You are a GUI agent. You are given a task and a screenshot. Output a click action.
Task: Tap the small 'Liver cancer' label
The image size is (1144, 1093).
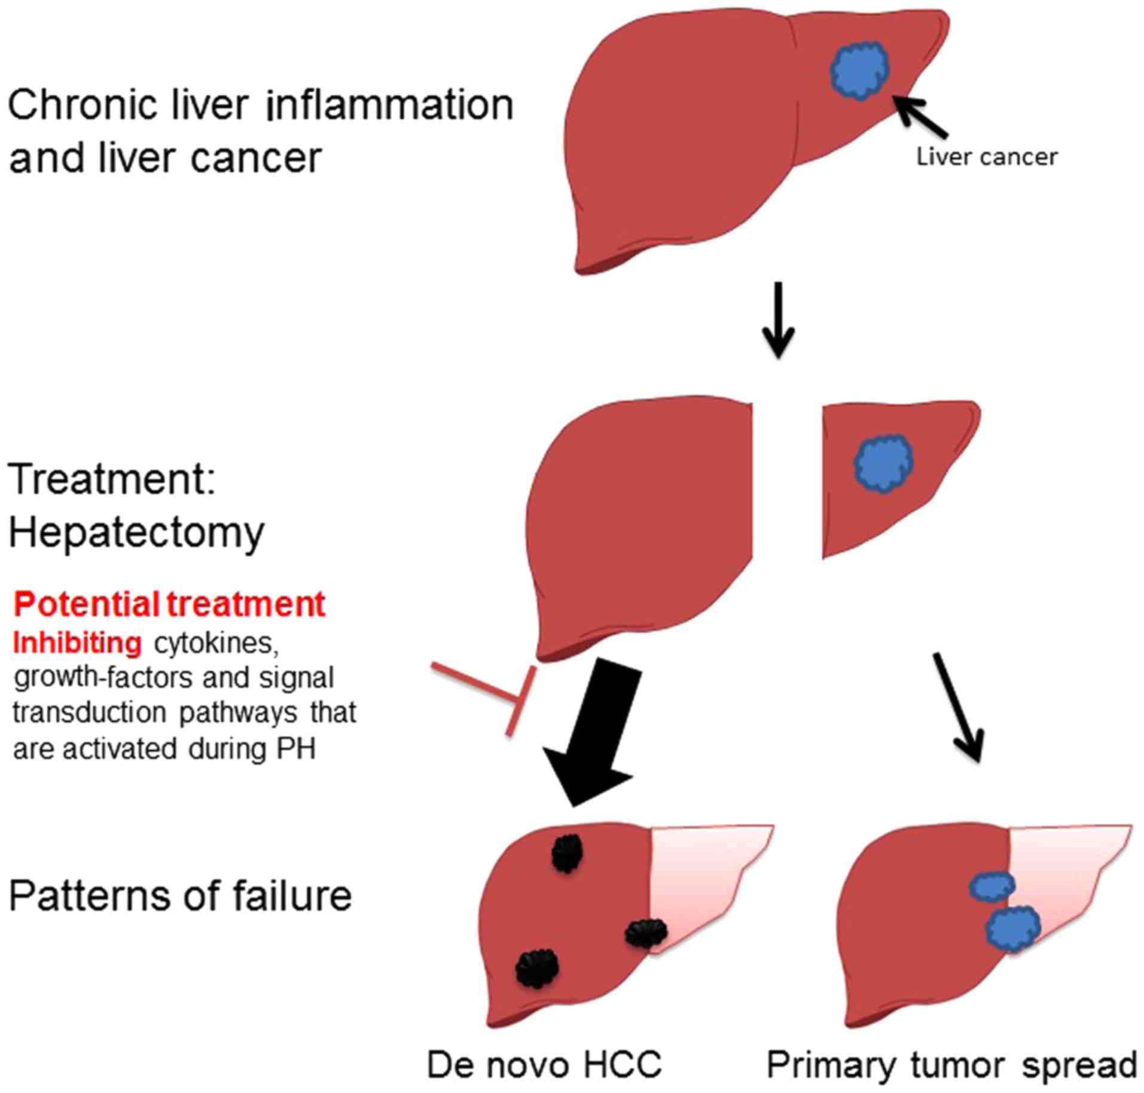pyautogui.click(x=987, y=157)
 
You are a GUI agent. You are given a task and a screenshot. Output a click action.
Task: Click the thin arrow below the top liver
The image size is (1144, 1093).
pyautogui.click(x=778, y=320)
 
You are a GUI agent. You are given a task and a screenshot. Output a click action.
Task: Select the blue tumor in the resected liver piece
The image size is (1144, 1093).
pyautogui.click(x=883, y=462)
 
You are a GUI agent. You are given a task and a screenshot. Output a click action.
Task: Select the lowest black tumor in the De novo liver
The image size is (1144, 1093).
pyautogui.click(x=537, y=967)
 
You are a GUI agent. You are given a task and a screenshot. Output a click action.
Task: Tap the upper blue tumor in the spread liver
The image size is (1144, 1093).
pyautogui.click(x=992, y=885)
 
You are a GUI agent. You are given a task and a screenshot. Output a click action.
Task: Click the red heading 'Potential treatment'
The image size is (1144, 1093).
pyautogui.click(x=169, y=604)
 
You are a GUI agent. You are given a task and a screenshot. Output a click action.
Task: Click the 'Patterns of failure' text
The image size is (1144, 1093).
pyautogui.click(x=180, y=896)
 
